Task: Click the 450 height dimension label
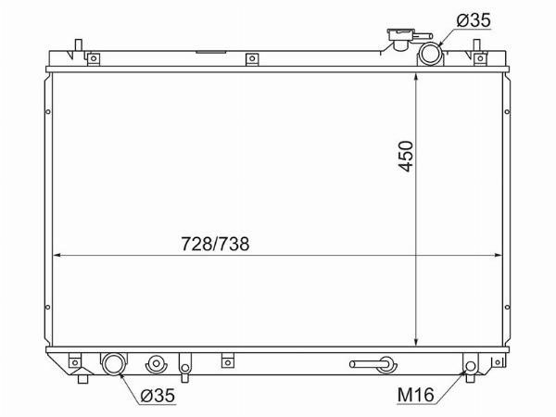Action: [x=406, y=156]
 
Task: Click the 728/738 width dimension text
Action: [x=215, y=244]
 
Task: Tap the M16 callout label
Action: [x=415, y=395]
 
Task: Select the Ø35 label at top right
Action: [x=474, y=20]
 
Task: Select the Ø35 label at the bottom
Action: [x=158, y=396]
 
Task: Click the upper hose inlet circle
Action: [x=430, y=54]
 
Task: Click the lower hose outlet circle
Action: [x=114, y=364]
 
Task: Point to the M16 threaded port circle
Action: [x=471, y=366]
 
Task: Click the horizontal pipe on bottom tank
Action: [x=368, y=364]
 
